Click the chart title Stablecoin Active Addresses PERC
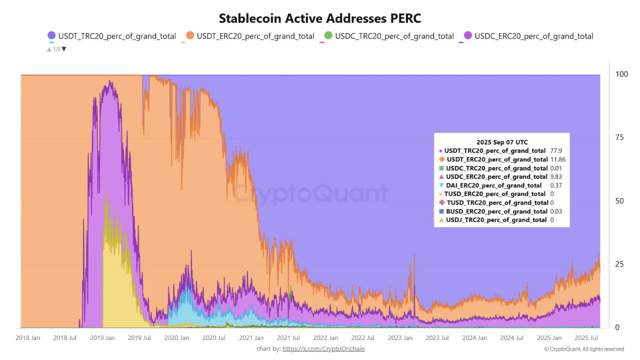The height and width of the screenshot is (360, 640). point(320,18)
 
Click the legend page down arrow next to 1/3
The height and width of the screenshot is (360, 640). point(64,49)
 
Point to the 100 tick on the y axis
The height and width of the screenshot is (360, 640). point(621,74)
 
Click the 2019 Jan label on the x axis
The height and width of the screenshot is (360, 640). point(102,338)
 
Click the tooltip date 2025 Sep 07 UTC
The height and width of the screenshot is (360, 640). point(501,142)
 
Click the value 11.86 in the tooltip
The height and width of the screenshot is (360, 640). point(558,159)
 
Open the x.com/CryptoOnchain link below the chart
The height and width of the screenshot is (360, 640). point(323,348)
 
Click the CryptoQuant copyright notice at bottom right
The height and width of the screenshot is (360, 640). point(584,349)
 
